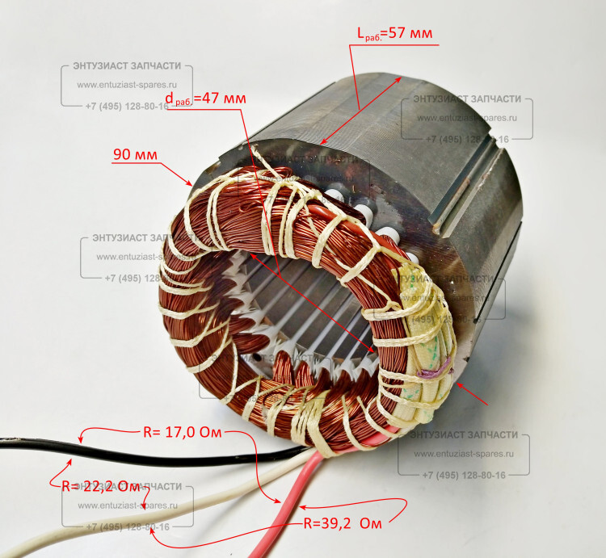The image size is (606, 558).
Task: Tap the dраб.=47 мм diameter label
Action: (205, 98)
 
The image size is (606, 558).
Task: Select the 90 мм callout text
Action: (135, 154)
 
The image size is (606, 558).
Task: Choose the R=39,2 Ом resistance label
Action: (343, 522)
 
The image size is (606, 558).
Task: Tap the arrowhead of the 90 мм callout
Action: (191, 184)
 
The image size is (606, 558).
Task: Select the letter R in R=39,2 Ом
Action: (309, 522)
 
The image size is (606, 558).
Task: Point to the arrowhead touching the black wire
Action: (81, 441)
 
